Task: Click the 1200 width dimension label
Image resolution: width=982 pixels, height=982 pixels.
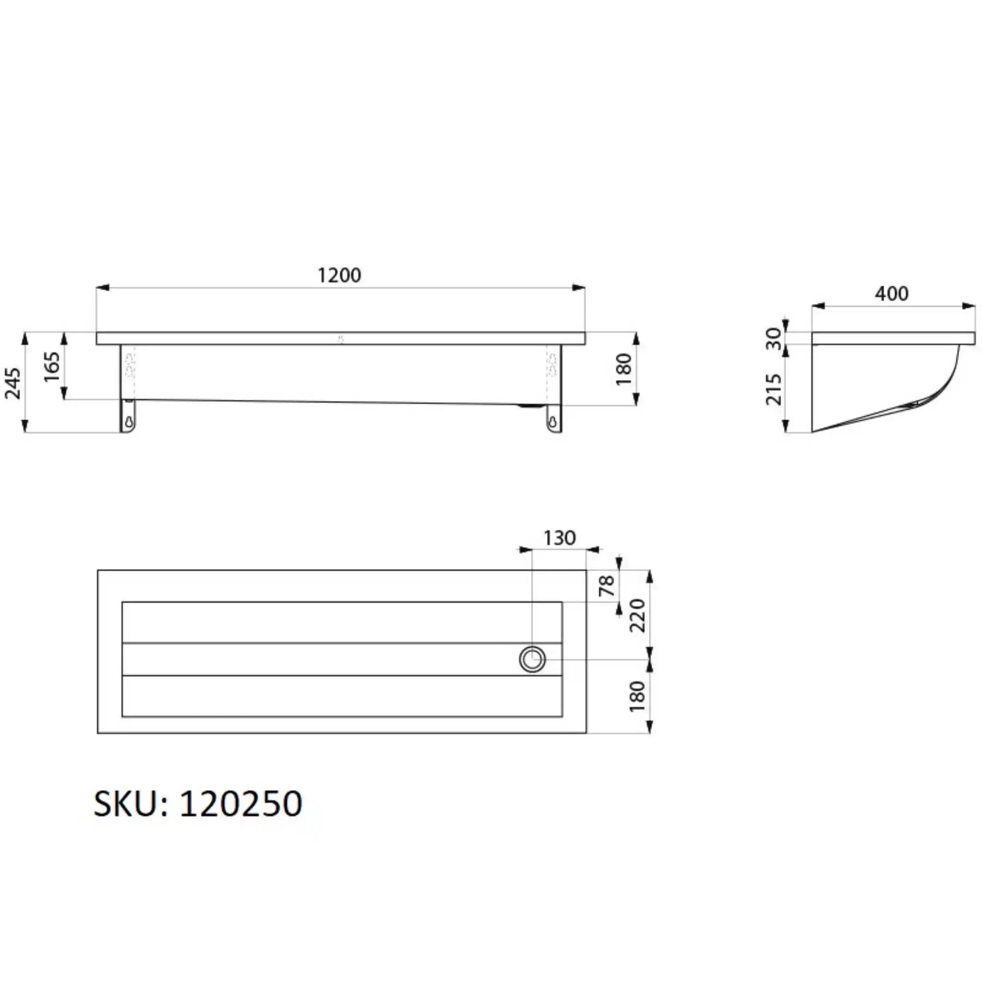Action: (x=339, y=276)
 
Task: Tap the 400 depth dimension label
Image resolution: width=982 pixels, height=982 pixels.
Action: (x=891, y=294)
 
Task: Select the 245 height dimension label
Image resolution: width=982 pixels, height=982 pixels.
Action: (x=13, y=383)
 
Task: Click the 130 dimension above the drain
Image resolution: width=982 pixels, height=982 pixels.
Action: (x=559, y=538)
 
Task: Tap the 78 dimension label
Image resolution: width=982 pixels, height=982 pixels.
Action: (x=607, y=586)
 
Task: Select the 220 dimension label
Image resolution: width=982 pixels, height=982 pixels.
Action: (x=637, y=615)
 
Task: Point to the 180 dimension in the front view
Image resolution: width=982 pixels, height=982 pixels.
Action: (x=623, y=369)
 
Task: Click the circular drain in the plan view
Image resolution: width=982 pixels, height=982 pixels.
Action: (x=532, y=659)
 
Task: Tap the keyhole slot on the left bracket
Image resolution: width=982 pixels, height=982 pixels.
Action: (x=129, y=421)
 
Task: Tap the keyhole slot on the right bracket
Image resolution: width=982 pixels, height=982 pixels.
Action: (x=553, y=421)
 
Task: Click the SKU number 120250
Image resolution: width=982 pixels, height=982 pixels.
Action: (x=241, y=804)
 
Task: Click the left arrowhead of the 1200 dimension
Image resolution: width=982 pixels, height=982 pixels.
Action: (x=102, y=288)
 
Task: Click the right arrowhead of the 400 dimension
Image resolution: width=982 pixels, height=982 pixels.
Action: (x=969, y=306)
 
